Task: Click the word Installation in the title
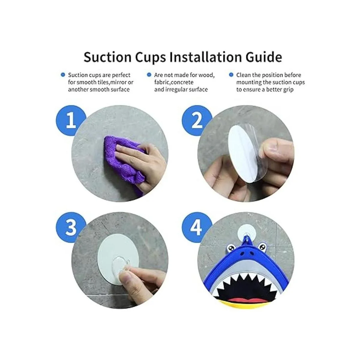(x=207, y=57)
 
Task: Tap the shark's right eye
(x=263, y=248)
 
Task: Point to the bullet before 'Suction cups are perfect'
(x=63, y=75)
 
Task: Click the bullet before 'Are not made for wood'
(x=149, y=75)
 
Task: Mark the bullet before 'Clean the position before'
(x=231, y=75)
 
